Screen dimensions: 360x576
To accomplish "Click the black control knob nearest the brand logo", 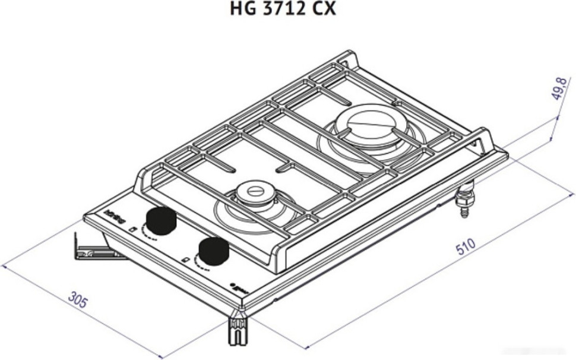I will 161,221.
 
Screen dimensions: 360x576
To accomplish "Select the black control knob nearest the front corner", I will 213,252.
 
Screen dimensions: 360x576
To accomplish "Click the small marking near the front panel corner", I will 240,288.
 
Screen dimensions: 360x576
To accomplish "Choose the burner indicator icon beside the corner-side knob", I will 186,260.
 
